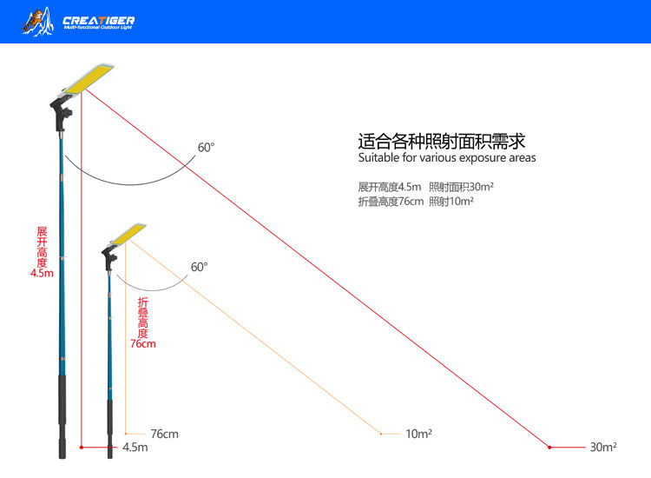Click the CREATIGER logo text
click(x=98, y=19)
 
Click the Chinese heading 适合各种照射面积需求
click(x=443, y=141)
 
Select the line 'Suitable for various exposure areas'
click(x=447, y=158)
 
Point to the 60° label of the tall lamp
click(x=205, y=148)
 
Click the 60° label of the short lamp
click(x=200, y=267)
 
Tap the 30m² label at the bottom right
click(x=603, y=448)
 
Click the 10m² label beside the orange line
click(x=418, y=434)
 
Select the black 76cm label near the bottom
click(x=164, y=434)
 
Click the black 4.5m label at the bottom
click(x=135, y=448)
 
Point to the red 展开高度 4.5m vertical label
click(x=42, y=252)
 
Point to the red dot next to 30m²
click(x=549, y=448)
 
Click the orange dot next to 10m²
click(x=380, y=434)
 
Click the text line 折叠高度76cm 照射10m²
click(x=416, y=202)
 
